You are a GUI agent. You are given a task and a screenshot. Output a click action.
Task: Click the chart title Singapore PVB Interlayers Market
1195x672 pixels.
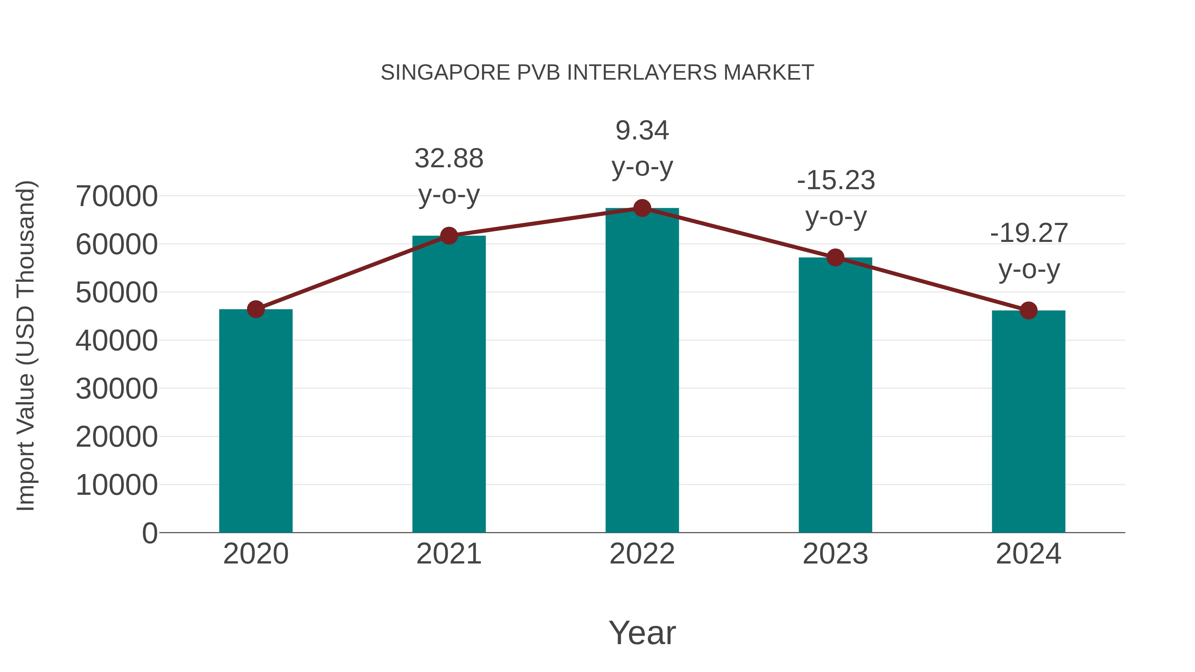click(597, 73)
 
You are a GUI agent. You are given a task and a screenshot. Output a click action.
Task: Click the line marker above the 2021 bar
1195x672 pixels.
click(448, 236)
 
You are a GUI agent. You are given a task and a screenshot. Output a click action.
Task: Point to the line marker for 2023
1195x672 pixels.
click(835, 258)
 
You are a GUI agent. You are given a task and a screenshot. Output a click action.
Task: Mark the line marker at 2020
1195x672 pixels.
click(256, 309)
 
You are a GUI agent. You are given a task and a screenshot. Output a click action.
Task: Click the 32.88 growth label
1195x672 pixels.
click(448, 159)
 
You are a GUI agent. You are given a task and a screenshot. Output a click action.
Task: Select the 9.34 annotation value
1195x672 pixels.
click(642, 130)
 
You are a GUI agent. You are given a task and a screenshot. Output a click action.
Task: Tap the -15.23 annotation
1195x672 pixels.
click(836, 181)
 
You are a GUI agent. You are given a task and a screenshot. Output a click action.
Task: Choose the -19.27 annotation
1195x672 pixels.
click(1028, 233)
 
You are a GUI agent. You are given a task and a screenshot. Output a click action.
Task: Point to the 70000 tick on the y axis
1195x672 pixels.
click(117, 196)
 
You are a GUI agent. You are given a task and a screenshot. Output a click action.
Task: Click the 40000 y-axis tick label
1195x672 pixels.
click(117, 341)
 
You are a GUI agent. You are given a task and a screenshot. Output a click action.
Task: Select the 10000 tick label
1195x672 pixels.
click(117, 485)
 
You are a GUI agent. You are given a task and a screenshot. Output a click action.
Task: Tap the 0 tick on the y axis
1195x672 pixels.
click(149, 533)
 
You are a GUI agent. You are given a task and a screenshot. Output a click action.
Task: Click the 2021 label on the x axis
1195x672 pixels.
click(448, 554)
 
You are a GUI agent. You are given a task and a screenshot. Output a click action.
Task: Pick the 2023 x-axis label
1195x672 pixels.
click(835, 554)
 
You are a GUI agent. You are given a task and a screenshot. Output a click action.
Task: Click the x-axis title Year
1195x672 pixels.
click(642, 633)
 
